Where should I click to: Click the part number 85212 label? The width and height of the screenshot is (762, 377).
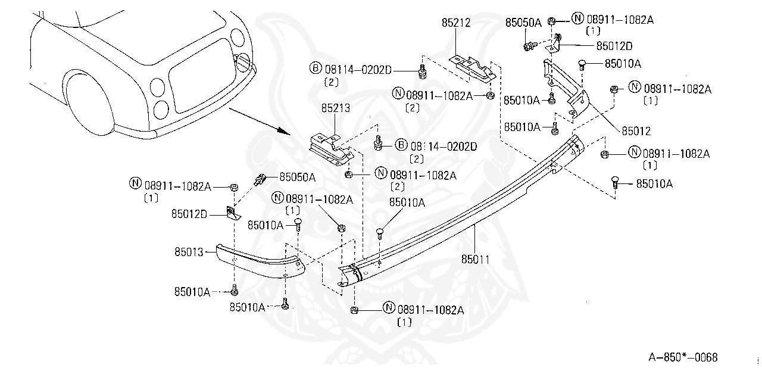[x=456, y=23]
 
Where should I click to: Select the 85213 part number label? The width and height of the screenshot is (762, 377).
[x=336, y=109]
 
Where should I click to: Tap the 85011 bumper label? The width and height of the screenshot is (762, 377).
[x=476, y=259]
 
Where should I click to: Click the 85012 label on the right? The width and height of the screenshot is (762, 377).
[x=636, y=131]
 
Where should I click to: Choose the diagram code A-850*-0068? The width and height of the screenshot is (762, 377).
[x=683, y=357]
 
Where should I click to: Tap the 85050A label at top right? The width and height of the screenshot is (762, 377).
[x=523, y=23]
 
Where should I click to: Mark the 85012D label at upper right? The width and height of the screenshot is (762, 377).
[x=614, y=45]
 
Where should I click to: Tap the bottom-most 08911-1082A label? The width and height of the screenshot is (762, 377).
[x=430, y=309]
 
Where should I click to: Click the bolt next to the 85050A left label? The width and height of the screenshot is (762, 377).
[x=260, y=178]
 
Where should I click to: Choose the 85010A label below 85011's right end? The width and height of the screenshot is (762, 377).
[x=654, y=183]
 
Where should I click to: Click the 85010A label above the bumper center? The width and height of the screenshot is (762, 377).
[x=407, y=202]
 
